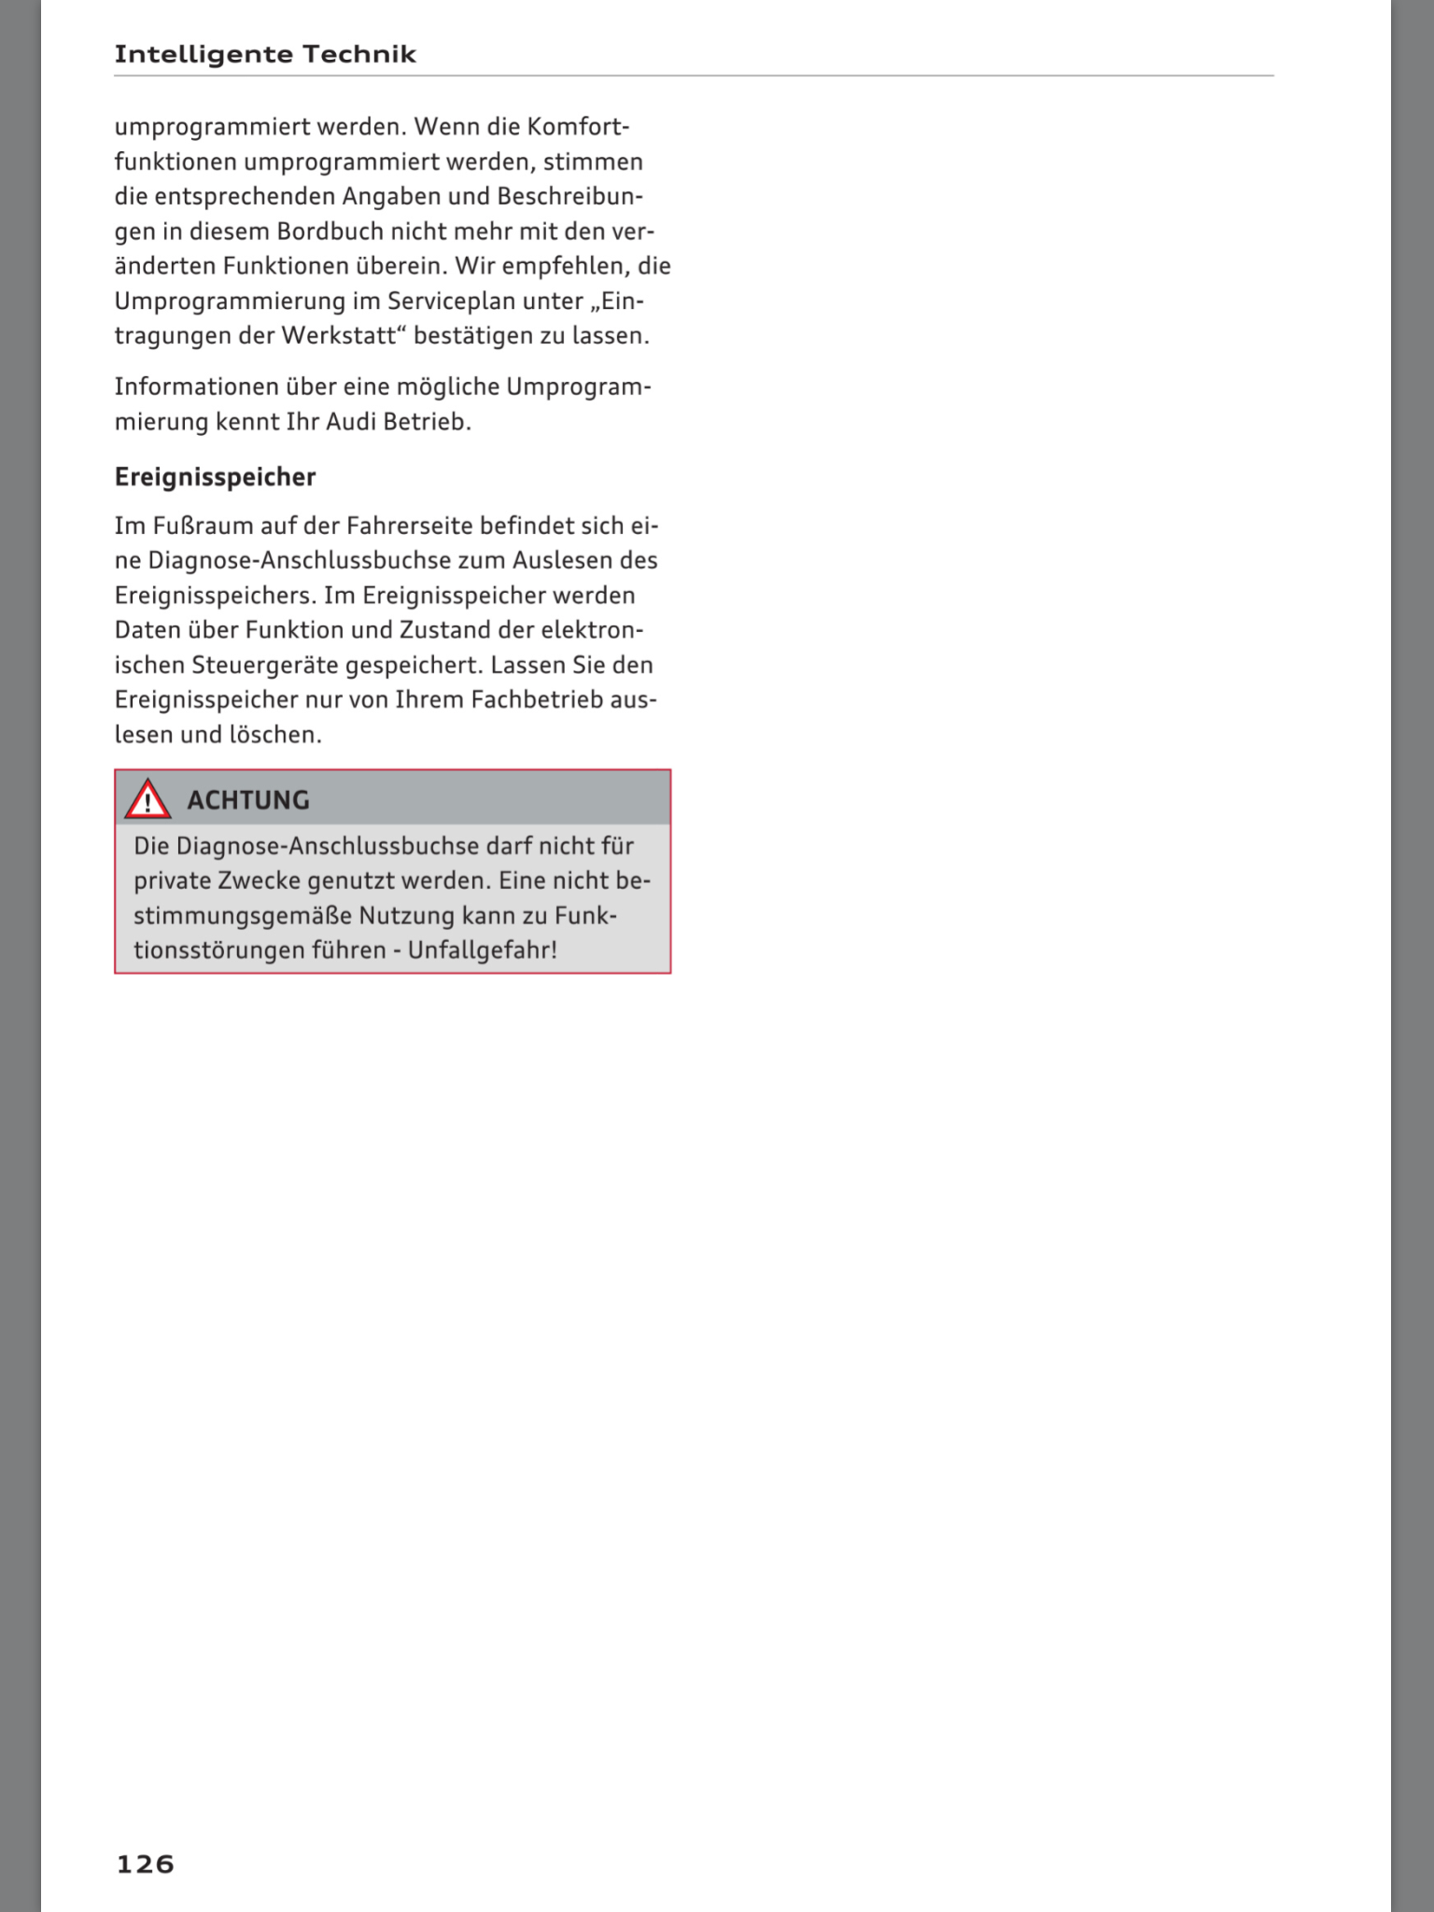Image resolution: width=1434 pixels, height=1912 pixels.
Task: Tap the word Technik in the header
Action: (359, 54)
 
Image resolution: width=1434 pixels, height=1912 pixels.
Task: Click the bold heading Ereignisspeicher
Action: (215, 477)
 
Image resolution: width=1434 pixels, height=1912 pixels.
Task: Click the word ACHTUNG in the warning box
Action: (247, 800)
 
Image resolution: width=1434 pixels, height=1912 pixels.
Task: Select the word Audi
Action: (350, 422)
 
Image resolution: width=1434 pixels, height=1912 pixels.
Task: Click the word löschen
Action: (274, 736)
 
